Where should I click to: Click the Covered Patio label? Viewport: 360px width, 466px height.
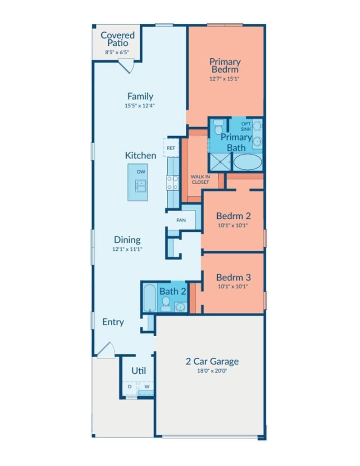(117, 39)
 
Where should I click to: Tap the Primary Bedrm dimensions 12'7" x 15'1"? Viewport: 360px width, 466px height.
(224, 79)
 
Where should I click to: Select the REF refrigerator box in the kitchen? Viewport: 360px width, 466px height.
(171, 148)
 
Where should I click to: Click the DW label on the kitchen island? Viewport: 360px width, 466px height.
(141, 172)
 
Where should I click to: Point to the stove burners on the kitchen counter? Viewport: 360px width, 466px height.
(172, 183)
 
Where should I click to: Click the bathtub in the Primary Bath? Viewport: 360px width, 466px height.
(247, 162)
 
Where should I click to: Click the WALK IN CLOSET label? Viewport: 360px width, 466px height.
(200, 179)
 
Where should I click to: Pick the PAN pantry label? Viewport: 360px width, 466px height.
(181, 220)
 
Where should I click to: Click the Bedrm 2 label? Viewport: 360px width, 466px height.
(233, 216)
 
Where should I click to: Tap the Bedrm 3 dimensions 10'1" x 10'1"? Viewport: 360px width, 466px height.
(233, 286)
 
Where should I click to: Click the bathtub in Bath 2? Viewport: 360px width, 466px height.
(150, 298)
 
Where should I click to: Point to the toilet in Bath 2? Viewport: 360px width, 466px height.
(166, 303)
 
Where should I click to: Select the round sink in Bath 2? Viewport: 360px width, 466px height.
(181, 307)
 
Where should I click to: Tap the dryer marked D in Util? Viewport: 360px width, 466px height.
(129, 387)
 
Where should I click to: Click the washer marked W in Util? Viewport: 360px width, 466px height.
(147, 387)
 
